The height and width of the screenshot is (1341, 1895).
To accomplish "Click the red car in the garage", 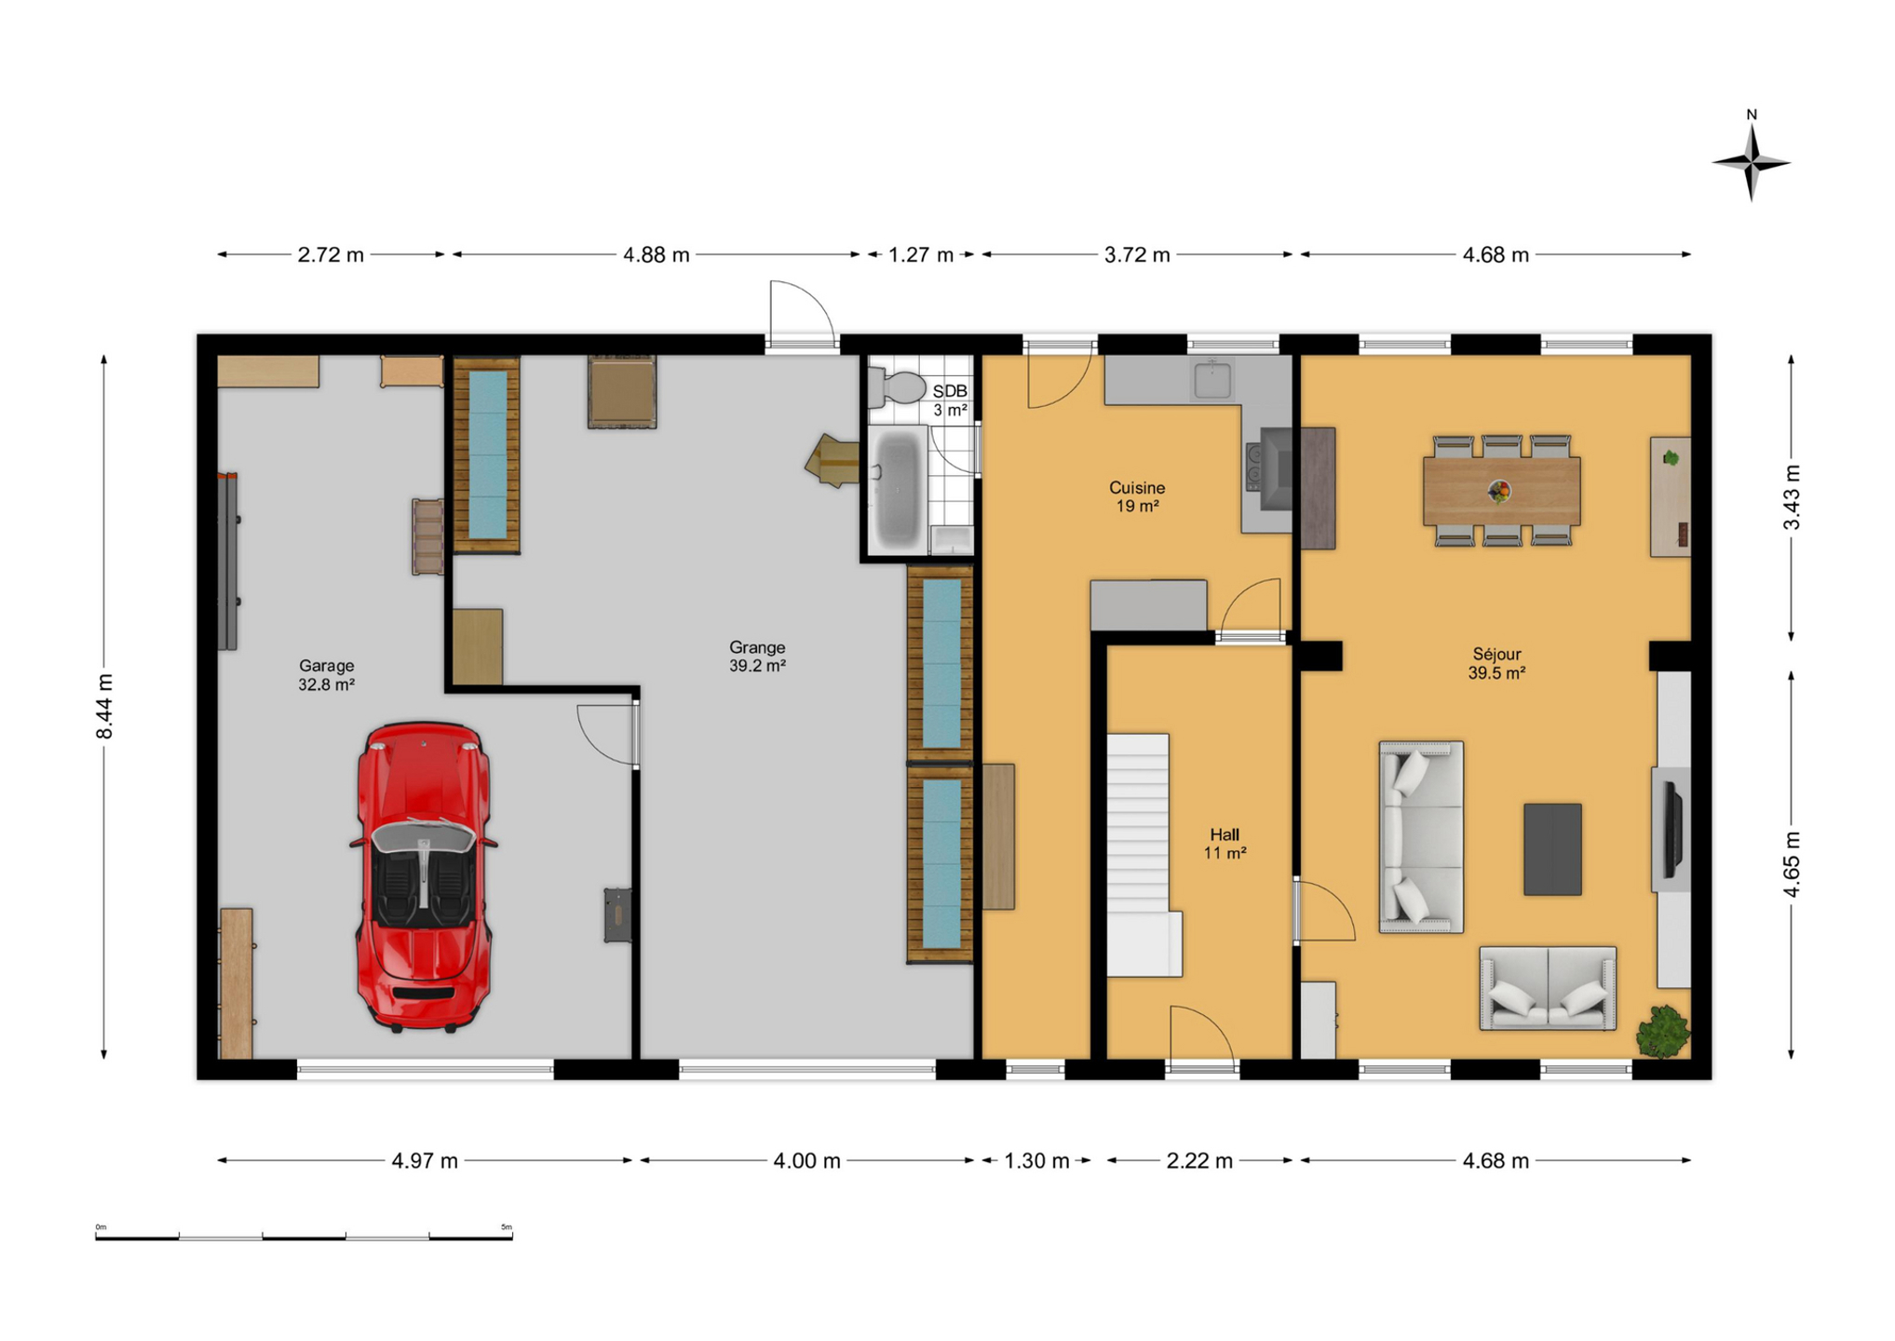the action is [x=424, y=877].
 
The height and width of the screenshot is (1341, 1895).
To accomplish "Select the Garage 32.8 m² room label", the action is [x=326, y=675].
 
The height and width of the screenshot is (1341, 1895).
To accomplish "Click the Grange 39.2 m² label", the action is [x=757, y=657].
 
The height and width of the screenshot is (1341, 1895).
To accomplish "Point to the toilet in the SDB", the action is [x=896, y=386].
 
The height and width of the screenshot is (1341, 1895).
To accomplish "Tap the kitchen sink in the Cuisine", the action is [x=1211, y=380].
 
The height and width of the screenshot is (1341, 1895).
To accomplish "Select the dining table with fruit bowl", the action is [x=1501, y=491].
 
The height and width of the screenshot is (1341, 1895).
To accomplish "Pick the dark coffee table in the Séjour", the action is [x=1552, y=849].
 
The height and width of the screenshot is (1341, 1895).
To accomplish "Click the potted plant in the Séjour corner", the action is [x=1663, y=1031].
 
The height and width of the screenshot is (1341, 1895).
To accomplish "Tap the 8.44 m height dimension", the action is [x=105, y=707].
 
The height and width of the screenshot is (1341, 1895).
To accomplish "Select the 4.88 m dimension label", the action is [x=656, y=255].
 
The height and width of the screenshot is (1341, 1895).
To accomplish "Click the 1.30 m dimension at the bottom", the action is [x=1036, y=1161].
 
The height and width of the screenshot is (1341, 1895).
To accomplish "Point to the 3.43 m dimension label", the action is [x=1792, y=496].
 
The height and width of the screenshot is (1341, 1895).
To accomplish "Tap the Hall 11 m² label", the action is [x=1225, y=844].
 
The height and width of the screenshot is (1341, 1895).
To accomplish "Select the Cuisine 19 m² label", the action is [x=1137, y=496].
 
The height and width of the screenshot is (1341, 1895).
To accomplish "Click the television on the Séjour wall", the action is [x=1673, y=830].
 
